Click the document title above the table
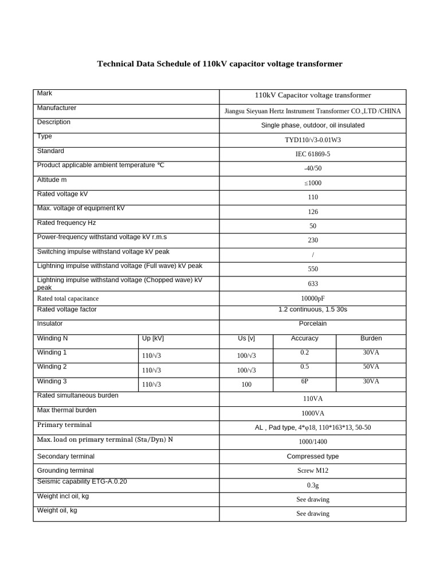tap(220, 64)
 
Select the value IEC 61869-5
tap(313, 154)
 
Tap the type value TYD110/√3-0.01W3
tap(313, 140)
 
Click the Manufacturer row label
tap(57, 108)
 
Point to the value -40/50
tap(313, 168)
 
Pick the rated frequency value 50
tap(313, 226)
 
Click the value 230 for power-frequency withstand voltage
tap(313, 240)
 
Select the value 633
tap(313, 284)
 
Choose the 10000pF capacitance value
tap(313, 298)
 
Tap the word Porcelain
tap(313, 323)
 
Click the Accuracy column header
tap(305, 338)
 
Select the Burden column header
tap(371, 338)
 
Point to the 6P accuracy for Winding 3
tap(305, 381)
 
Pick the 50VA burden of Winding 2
tap(371, 367)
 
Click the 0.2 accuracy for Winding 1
tap(305, 353)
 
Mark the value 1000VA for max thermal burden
tap(313, 413)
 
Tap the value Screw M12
tap(313, 470)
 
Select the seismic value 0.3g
tap(313, 485)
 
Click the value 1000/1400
tap(313, 442)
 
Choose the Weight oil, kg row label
tap(57, 510)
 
